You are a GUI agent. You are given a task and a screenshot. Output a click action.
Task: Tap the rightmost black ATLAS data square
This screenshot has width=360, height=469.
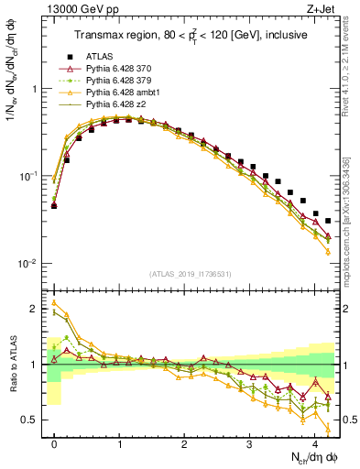(x=328, y=221)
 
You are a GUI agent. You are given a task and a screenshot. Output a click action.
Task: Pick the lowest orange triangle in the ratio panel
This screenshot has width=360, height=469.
(x=328, y=422)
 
